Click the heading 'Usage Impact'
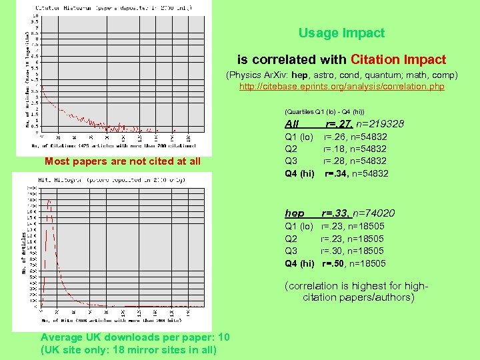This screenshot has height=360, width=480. point(341,33)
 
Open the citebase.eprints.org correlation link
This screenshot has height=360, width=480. point(341,87)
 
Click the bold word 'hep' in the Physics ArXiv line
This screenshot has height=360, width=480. point(300,75)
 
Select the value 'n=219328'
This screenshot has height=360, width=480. point(380,124)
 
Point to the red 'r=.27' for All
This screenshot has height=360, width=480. point(339,124)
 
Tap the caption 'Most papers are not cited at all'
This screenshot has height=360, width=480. point(123,161)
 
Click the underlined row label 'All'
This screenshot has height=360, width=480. point(291,124)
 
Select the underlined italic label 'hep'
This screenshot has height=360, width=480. point(294,213)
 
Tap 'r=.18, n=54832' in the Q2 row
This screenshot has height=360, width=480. point(355,149)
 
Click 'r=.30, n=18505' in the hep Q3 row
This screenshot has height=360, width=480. point(353,251)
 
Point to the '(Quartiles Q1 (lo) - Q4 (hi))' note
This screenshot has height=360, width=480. point(324,111)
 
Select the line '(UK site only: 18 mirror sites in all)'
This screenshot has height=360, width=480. point(129,349)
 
